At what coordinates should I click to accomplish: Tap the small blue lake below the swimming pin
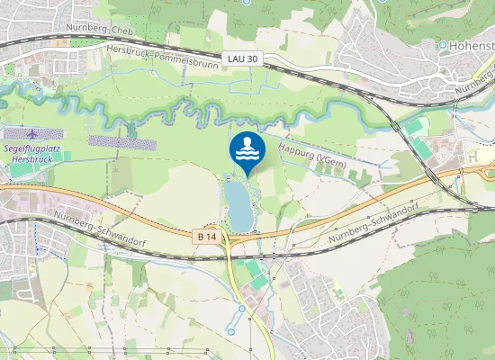click(x=238, y=203)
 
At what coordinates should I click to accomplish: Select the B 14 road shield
click(x=207, y=236)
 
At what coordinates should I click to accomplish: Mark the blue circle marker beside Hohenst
click(x=443, y=44)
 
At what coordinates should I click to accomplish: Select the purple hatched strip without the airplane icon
click(x=121, y=141)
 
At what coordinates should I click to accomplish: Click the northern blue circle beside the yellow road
click(x=242, y=310)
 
